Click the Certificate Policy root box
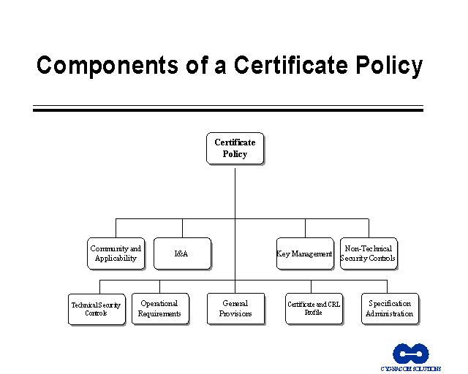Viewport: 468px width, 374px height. pos(235,148)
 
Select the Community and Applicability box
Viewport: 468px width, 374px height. pos(116,253)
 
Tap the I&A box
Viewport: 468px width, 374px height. pos(182,253)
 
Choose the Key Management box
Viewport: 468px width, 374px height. pos(305,253)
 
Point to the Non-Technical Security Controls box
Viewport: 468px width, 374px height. pos(369,253)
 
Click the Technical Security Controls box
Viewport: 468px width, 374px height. pos(96,309)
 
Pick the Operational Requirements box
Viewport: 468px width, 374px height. pos(159,308)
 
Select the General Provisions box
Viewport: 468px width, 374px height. pos(235,308)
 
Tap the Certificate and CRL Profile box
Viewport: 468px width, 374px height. pos(313,308)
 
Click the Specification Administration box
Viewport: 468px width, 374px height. pos(390,308)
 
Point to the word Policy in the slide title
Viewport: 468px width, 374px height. pos(385,65)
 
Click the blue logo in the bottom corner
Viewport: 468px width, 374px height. pos(410,354)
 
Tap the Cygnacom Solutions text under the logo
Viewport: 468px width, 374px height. pos(410,369)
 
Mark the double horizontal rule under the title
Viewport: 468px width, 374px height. pos(227,109)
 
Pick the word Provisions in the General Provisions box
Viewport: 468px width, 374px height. pos(235,313)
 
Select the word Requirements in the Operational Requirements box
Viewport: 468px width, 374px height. pos(159,313)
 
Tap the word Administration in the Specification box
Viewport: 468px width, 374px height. pos(390,313)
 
